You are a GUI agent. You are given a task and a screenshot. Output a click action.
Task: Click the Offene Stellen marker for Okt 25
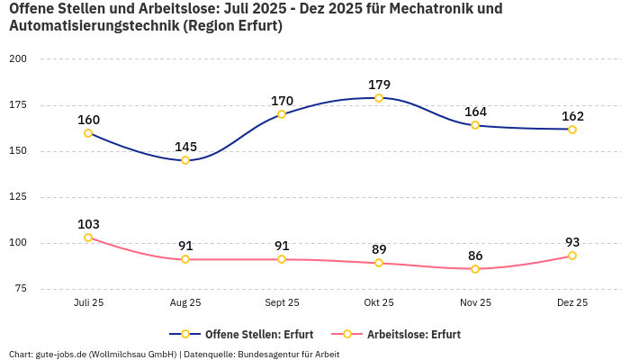point(379,97)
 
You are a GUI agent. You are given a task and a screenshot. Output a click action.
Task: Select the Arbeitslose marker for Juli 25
point(88,238)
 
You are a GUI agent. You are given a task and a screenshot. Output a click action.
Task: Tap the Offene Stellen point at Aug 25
point(185,160)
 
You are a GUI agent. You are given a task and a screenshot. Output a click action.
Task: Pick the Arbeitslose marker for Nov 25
point(475,269)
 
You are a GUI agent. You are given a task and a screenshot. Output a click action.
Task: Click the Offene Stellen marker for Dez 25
point(572,130)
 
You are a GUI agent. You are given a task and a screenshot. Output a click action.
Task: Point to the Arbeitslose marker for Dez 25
point(572,256)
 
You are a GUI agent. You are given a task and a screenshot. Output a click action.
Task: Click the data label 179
point(379,85)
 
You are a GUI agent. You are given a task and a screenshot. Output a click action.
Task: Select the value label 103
point(88,224)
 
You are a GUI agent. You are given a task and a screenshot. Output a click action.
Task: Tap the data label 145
point(185,147)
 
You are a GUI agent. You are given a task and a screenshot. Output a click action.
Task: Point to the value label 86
point(475,256)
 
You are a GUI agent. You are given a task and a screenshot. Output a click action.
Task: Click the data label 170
point(282,101)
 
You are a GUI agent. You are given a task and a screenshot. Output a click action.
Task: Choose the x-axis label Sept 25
point(282,302)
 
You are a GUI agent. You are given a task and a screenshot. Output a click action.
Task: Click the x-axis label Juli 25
point(88,302)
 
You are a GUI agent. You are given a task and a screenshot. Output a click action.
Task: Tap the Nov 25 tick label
point(475,302)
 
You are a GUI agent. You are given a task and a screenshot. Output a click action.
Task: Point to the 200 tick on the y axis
point(18,58)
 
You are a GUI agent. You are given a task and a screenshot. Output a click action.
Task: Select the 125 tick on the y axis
point(18,196)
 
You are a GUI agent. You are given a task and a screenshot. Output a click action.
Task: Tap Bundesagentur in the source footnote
point(269,354)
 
